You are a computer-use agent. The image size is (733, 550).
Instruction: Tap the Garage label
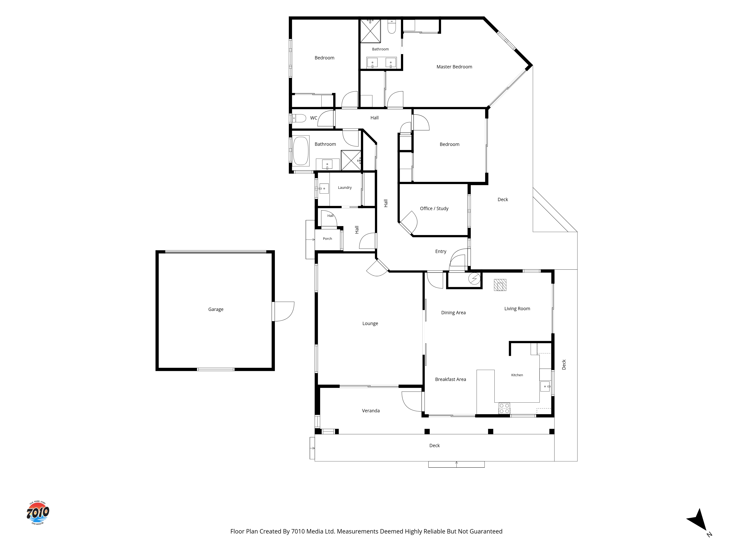[x=216, y=309]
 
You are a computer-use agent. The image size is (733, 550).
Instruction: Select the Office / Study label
[x=434, y=208]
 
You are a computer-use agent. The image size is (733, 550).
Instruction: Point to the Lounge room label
[x=370, y=324]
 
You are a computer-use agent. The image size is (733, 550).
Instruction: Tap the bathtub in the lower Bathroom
[x=301, y=151]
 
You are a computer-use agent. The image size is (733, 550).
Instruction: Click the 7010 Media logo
[x=38, y=513]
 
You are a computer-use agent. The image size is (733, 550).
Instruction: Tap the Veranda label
[x=371, y=411]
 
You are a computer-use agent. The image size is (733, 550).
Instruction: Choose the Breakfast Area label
[x=450, y=379]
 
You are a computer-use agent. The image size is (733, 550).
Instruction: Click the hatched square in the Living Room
[x=500, y=285]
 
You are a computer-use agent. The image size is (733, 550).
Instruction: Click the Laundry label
[x=345, y=188]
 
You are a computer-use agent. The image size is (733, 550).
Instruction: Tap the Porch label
[x=327, y=239]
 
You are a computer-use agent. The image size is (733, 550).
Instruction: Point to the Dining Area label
[x=453, y=313]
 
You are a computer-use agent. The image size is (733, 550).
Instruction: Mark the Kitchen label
[x=517, y=375]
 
